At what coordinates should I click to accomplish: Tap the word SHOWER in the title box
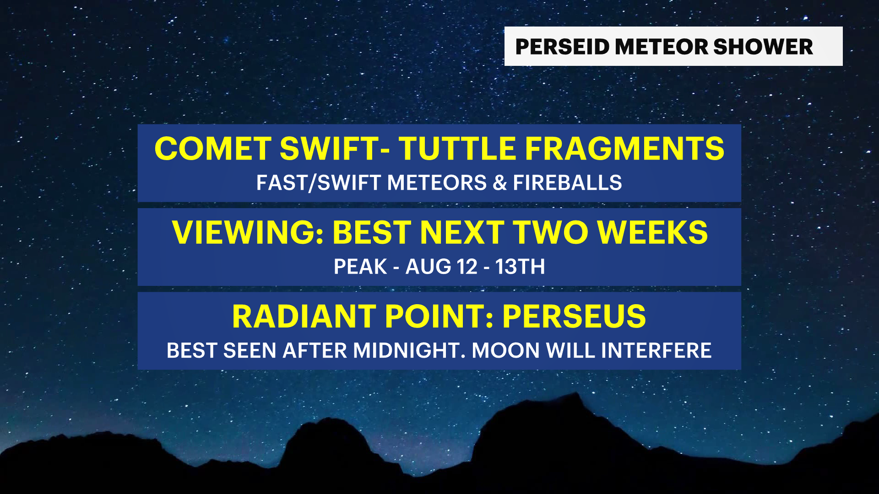coord(763,47)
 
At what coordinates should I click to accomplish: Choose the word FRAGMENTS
coord(624,149)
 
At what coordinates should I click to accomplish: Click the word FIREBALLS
coord(567,183)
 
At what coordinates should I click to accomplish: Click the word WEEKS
coord(652,233)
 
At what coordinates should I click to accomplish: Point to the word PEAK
coord(360,267)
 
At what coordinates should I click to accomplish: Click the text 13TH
coord(520,267)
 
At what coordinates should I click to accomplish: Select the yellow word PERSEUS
coord(574,317)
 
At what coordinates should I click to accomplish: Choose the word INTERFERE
coord(656,351)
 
